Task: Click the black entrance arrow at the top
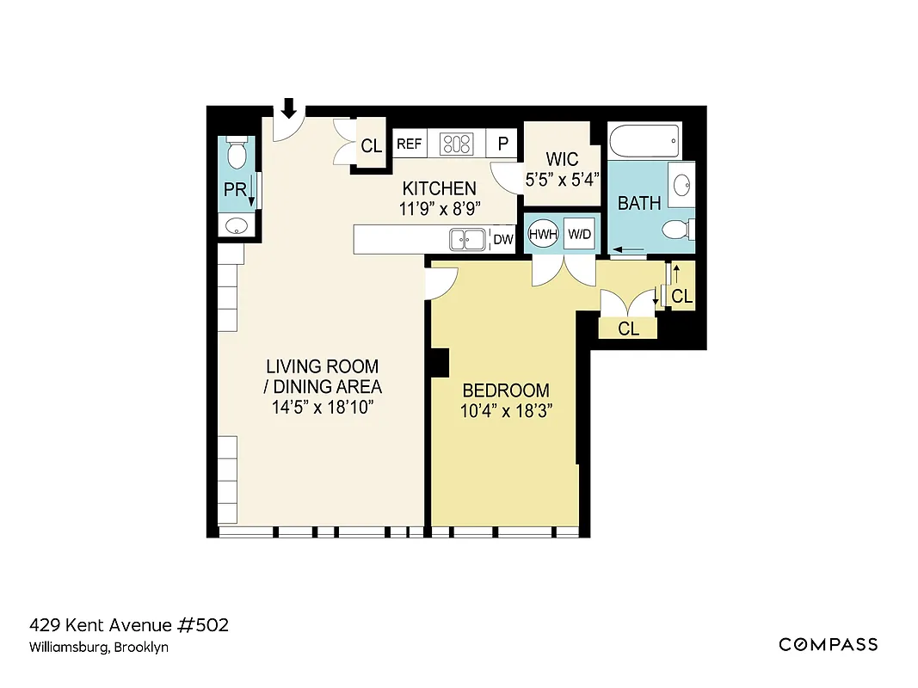point(289,107)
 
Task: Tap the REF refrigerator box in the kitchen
point(410,144)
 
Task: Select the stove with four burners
point(456,144)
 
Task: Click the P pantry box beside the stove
point(502,144)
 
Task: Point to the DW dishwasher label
point(503,240)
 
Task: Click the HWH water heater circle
point(543,234)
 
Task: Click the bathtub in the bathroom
point(644,140)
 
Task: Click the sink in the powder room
point(236,226)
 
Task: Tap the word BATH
point(639,204)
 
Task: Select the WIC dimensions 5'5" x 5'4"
point(562,180)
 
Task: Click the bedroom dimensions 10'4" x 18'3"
point(505,410)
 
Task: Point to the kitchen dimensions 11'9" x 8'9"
point(439,208)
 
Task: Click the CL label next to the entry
point(371,146)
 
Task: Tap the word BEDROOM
point(505,389)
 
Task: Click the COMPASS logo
point(828,644)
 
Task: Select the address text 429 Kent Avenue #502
point(129,625)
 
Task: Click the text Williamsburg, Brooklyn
point(99,648)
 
